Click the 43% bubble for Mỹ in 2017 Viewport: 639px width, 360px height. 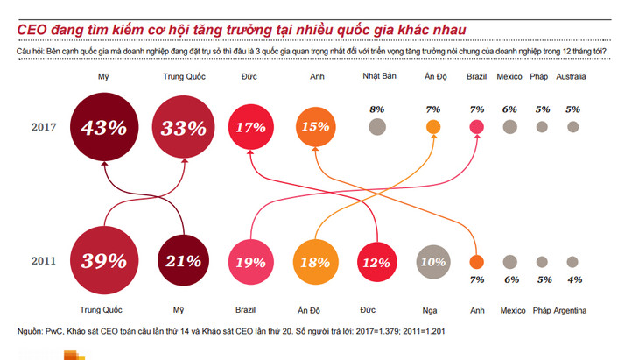103,127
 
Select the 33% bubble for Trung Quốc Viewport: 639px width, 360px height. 184,127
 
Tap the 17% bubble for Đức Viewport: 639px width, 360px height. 250,127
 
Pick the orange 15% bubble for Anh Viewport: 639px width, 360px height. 313,127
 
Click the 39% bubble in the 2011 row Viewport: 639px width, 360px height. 103,260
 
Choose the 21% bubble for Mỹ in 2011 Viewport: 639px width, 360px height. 184,260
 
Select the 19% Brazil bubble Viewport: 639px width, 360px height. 250,261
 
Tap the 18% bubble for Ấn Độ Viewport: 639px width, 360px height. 313,261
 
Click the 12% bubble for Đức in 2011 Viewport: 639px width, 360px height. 377,261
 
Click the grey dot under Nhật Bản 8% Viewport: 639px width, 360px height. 377,127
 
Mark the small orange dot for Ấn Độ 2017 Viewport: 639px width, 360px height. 432,127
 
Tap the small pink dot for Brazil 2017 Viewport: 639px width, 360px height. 477,127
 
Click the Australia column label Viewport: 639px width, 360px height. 572,77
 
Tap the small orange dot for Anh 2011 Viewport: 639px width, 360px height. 477,261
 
